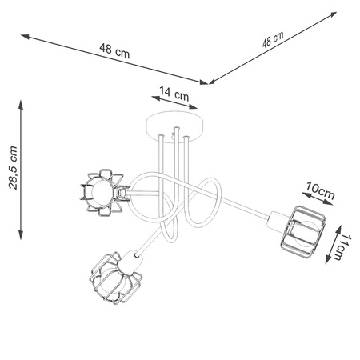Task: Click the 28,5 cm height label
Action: [10, 170]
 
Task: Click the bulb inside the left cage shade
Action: [95, 193]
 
